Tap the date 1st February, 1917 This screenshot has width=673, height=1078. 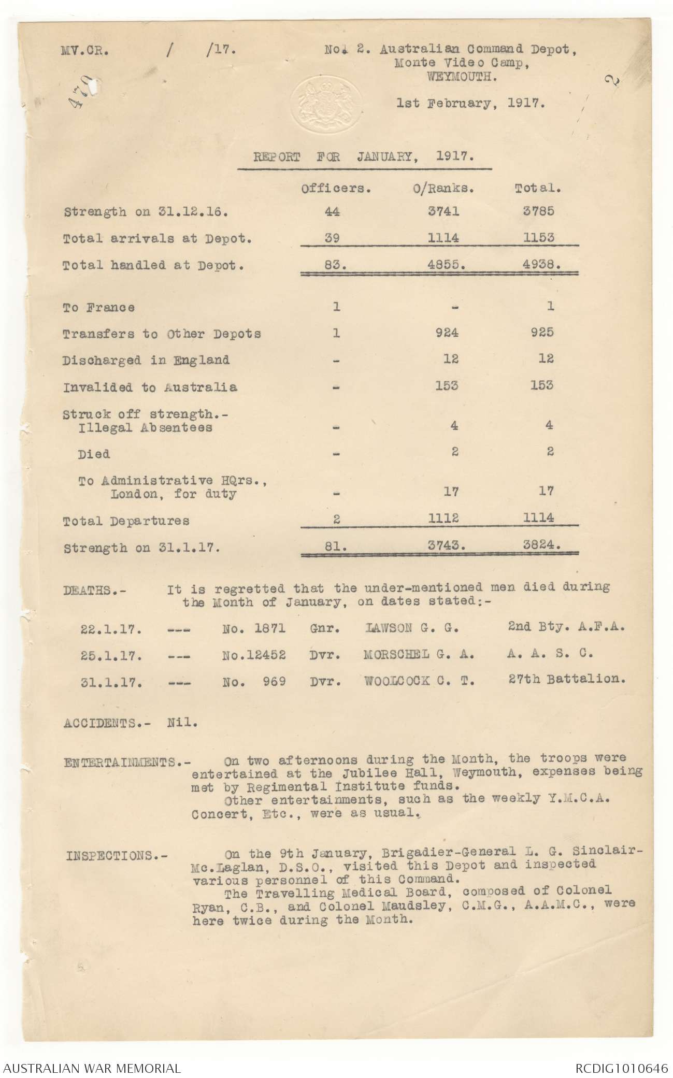coord(470,103)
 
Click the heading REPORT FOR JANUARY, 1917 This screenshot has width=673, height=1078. coord(364,157)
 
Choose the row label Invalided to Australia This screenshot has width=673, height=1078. coord(150,387)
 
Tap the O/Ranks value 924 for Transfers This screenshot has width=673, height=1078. coord(447,333)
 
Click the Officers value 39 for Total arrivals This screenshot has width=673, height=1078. coord(336,238)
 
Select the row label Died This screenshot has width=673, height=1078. coord(94,454)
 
